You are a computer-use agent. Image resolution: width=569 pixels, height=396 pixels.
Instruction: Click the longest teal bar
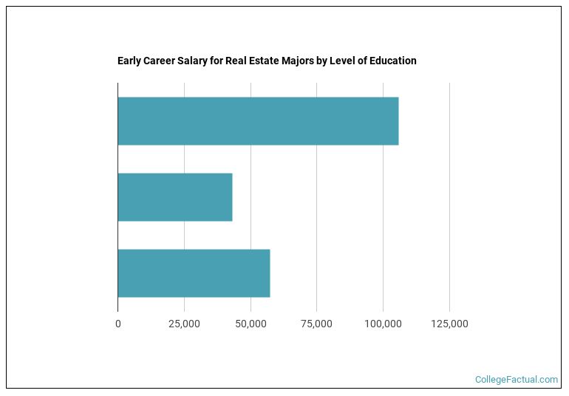[x=258, y=120]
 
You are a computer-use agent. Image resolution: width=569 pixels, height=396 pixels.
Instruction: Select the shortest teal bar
[x=175, y=197]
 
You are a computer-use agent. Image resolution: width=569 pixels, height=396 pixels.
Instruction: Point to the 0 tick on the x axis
[x=118, y=324]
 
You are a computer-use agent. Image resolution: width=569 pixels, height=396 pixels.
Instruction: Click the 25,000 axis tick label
[x=184, y=324]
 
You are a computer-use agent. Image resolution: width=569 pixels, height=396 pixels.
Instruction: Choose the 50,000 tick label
[x=251, y=324]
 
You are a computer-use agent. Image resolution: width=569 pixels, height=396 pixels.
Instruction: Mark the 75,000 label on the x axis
[x=316, y=324]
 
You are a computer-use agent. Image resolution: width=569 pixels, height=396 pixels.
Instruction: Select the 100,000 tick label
[x=383, y=324]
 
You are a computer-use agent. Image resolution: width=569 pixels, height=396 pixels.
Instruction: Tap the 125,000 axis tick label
[x=449, y=324]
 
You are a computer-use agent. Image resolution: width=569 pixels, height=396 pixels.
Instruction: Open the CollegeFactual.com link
[x=517, y=380]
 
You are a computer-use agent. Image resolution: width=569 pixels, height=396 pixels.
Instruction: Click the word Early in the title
[x=129, y=61]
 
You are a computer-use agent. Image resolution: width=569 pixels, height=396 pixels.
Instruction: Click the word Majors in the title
[x=304, y=61]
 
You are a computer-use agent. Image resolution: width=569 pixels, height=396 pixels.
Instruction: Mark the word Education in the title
[x=395, y=61]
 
